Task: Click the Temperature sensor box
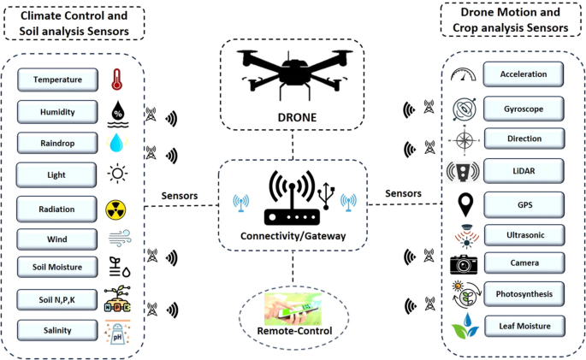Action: pos(57,80)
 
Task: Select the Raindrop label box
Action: pos(57,142)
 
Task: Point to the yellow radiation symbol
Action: pos(115,209)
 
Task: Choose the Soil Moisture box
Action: pos(57,268)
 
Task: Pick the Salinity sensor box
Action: pos(57,330)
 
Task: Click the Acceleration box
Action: pos(524,74)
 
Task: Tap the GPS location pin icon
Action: pos(466,205)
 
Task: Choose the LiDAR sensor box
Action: pos(524,170)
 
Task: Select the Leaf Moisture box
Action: pos(524,325)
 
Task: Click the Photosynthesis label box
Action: pos(524,293)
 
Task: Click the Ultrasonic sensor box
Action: pos(524,233)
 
